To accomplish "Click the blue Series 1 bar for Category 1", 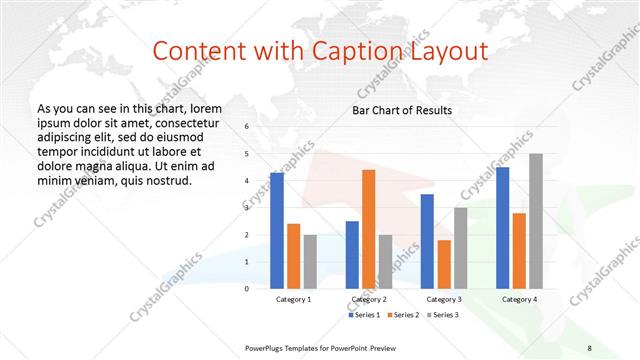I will coord(277,230).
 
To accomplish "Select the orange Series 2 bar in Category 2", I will coord(368,228).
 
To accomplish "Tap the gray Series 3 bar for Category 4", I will coord(535,220).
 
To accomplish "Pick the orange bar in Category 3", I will coord(444,263).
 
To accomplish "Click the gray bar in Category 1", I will coord(310,261).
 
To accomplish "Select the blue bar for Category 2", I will coord(352,254).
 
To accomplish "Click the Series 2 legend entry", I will coord(402,315).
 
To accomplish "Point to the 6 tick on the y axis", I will coord(246,127).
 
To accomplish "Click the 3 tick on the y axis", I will coord(246,207).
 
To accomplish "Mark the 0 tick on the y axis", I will coord(246,288).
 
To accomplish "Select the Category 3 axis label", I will coord(444,299).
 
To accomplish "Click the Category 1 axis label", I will coord(294,299).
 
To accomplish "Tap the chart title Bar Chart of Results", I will coord(401,110).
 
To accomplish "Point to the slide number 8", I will coord(589,347).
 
